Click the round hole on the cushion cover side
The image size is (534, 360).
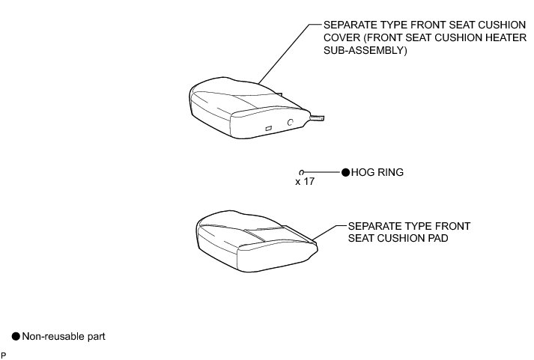[x=290, y=121]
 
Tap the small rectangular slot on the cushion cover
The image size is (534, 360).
[x=267, y=129]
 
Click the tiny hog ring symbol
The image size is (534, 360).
[x=300, y=172]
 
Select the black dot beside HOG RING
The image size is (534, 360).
[x=345, y=172]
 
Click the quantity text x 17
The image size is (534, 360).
[x=305, y=182]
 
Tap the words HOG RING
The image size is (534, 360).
[x=377, y=172]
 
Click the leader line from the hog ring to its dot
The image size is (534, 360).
[x=322, y=172]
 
